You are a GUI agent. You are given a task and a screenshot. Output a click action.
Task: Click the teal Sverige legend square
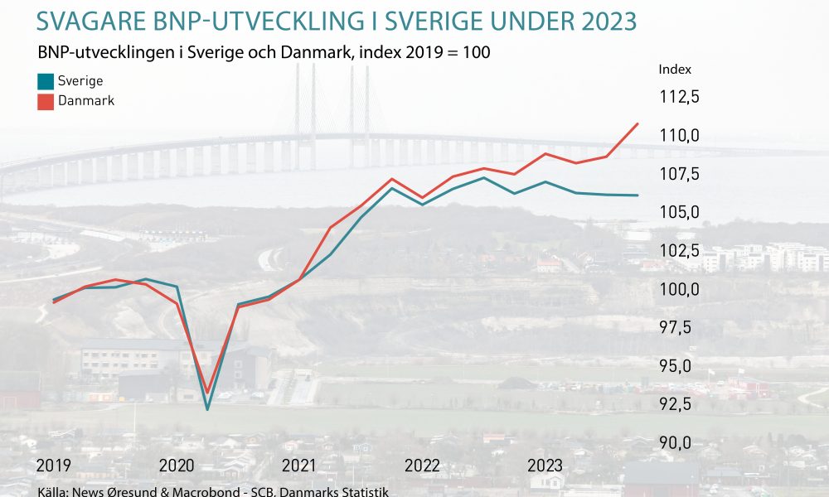point(46,81)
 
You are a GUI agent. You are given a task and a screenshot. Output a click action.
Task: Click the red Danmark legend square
point(46,101)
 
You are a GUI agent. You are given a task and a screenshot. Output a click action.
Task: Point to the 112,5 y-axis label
point(680,97)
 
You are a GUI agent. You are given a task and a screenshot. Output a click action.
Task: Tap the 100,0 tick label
point(680,289)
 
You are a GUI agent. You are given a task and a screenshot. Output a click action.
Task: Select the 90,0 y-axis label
point(675,442)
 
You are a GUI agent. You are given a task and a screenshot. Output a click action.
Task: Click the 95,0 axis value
point(675,365)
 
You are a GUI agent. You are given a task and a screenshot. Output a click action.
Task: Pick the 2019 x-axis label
point(53,466)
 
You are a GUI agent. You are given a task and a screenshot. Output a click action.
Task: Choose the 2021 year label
point(298,466)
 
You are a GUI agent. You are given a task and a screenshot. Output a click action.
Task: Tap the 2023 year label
point(545,466)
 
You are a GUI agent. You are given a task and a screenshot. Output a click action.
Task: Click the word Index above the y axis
point(675,70)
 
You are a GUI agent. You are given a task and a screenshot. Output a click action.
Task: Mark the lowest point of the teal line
point(207,409)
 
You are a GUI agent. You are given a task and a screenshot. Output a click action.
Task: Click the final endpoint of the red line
point(638,124)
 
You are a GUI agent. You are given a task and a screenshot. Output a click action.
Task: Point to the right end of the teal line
point(638,195)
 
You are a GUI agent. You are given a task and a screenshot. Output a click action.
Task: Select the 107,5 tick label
point(680,173)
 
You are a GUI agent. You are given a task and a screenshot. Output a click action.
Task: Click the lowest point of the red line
point(207,393)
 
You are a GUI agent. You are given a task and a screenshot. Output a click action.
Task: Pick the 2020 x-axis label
point(177,466)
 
